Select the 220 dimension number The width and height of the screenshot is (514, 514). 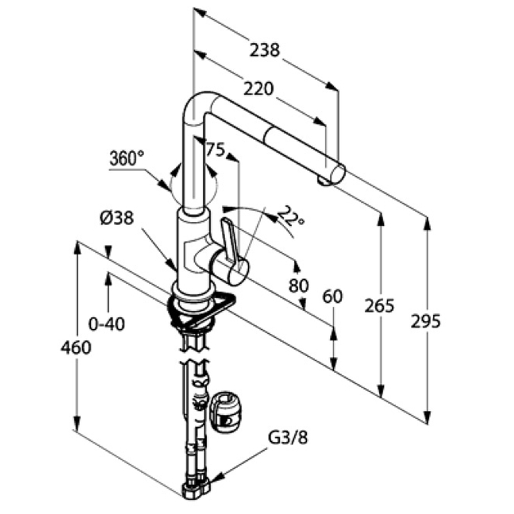[x=259, y=89]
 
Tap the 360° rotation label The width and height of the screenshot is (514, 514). [x=127, y=157]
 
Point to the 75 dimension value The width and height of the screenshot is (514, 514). [x=215, y=150]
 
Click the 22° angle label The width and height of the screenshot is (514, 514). [x=292, y=219]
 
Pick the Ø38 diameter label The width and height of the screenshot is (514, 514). [x=116, y=218]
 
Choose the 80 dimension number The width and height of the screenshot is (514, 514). [x=299, y=285]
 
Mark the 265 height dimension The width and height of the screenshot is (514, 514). [x=378, y=306]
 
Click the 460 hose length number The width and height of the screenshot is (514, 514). [x=76, y=348]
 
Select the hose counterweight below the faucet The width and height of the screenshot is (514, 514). [x=226, y=410]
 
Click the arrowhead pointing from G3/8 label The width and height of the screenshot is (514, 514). [x=218, y=479]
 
